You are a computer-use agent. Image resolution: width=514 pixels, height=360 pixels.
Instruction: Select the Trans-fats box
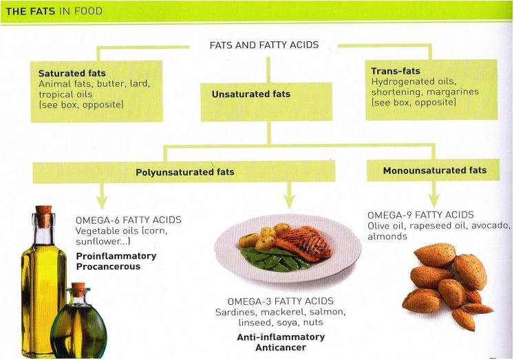431,89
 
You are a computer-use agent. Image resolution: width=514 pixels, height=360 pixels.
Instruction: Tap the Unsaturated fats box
266,100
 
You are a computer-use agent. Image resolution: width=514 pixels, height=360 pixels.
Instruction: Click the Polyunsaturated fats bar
184,172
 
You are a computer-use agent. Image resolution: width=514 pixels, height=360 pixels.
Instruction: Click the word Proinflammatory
116,256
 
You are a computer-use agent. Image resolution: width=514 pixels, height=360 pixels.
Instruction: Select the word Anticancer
281,348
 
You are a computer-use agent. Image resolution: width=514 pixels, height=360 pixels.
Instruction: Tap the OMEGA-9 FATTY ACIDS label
420,215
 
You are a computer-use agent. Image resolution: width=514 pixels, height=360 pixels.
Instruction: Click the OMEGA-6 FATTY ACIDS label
129,220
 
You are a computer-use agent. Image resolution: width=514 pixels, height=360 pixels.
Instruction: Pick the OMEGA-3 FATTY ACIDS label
281,301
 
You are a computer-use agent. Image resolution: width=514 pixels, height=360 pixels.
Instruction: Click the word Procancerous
108,266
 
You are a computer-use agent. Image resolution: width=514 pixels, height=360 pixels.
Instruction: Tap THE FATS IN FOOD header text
54,11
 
